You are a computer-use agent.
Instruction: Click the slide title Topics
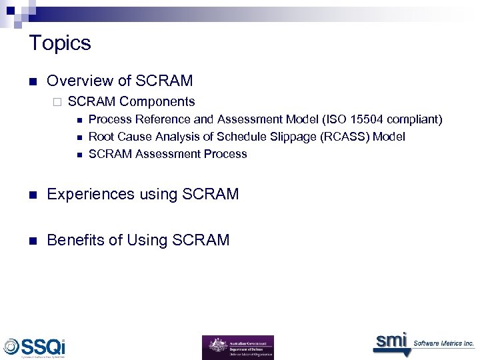coord(60,43)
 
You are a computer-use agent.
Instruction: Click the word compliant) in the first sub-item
coord(415,119)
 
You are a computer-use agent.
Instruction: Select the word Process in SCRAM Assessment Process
coord(224,154)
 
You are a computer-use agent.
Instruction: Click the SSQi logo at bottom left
coord(35,347)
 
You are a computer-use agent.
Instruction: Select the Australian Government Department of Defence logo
coord(237,347)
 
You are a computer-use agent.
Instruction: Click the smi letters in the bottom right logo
coord(391,341)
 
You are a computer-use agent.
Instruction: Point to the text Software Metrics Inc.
coord(444,343)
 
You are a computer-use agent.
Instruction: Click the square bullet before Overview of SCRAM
coord(32,82)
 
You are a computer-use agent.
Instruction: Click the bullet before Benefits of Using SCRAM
coord(32,241)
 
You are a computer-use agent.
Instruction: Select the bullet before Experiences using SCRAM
coord(32,195)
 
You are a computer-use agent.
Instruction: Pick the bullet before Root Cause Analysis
coord(79,137)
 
